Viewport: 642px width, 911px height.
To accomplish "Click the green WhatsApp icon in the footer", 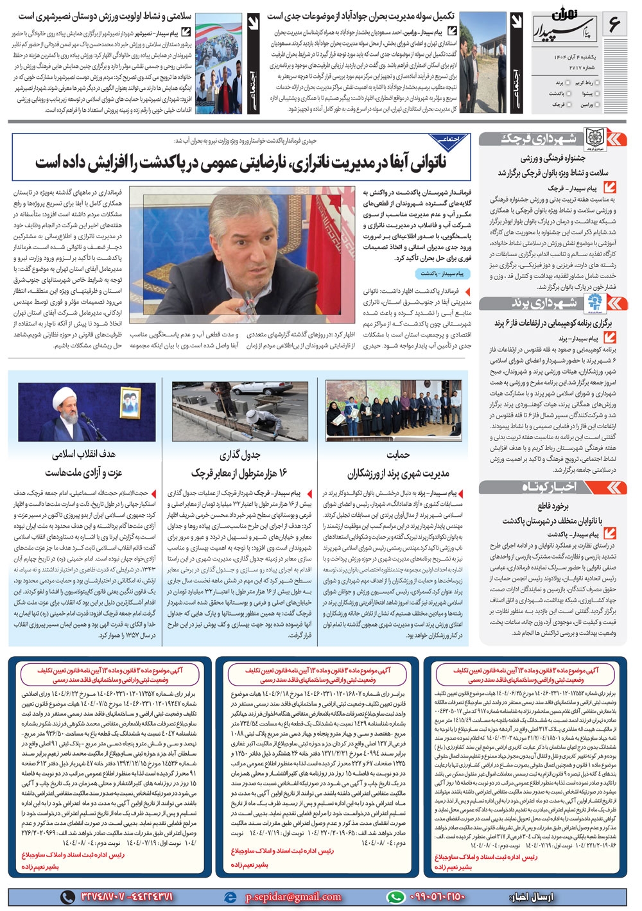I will (x=395, y=897).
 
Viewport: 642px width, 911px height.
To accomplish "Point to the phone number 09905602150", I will (x=436, y=896).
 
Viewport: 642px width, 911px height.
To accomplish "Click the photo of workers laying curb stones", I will (x=240, y=411).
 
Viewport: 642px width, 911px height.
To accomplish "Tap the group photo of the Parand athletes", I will (x=394, y=411).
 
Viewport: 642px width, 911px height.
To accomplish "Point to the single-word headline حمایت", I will (x=398, y=455).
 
